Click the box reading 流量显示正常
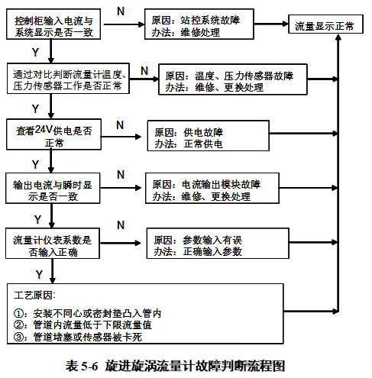pos(324,26)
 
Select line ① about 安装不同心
pos(87,314)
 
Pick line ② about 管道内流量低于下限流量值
pos(87,325)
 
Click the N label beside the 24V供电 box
pos(119,124)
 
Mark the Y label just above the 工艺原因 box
pos(38,273)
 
